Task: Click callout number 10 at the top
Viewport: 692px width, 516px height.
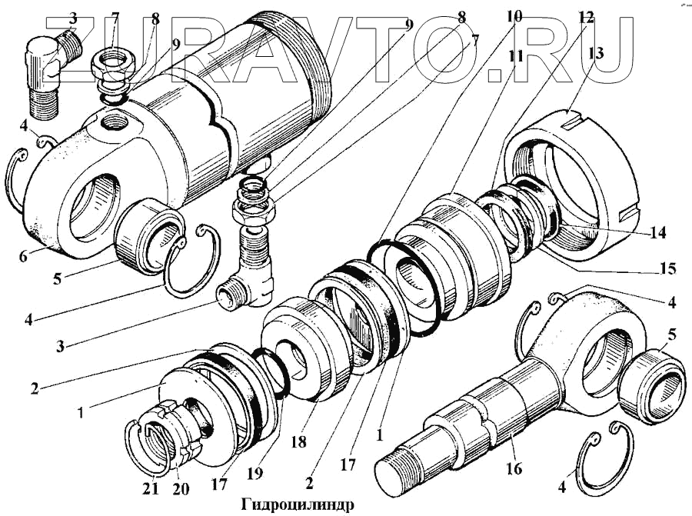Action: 514,15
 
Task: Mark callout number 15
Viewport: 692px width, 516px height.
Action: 667,268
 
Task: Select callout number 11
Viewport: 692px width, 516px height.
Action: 516,56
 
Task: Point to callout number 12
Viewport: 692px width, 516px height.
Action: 586,17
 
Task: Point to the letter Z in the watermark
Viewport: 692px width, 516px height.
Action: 72,46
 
